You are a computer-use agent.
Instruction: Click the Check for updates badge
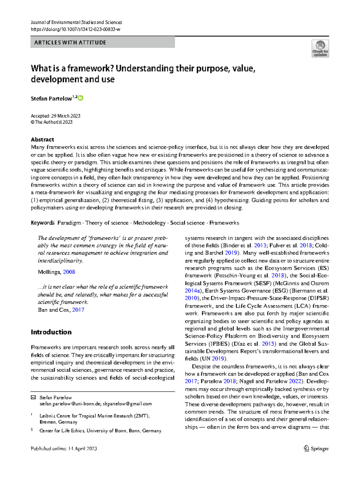pyautogui.click(x=320, y=49)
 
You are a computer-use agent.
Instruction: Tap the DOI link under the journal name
pyautogui.click(x=76, y=29)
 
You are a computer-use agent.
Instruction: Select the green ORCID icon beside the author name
pyautogui.click(x=80, y=98)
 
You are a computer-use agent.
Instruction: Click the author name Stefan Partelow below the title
pyautogui.click(x=51, y=99)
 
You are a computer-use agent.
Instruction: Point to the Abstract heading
pyautogui.click(x=42, y=140)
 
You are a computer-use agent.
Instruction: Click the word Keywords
pyautogui.click(x=43, y=223)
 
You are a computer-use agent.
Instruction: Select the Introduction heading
pyautogui.click(x=51, y=332)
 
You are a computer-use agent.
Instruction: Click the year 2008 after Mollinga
pyautogui.click(x=69, y=272)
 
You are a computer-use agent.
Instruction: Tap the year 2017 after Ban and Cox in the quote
pyautogui.click(x=78, y=310)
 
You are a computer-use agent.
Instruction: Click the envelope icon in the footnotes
pyautogui.click(x=33, y=397)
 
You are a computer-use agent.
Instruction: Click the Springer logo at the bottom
pyautogui.click(x=316, y=449)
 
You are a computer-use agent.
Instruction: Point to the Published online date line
pyautogui.click(x=64, y=449)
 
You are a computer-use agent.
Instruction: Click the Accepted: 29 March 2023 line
pyautogui.click(x=55, y=116)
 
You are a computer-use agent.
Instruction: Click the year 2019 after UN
pyautogui.click(x=218, y=359)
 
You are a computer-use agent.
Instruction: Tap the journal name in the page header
pyautogui.click(x=76, y=23)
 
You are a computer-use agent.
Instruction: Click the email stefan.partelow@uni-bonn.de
pyautogui.click(x=70, y=404)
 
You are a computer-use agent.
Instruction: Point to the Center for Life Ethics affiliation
pyautogui.click(x=100, y=431)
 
